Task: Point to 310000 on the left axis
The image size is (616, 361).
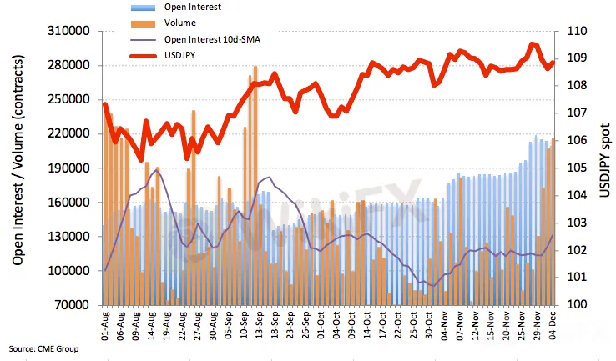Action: pos(70,31)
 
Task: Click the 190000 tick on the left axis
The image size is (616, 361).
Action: pos(70,168)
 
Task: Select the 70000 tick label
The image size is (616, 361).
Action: pos(73,305)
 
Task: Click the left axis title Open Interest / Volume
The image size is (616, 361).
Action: pos(18,167)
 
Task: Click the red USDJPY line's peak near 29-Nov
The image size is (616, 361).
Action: pos(533,44)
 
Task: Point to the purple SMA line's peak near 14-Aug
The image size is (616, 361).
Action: pos(159,170)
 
